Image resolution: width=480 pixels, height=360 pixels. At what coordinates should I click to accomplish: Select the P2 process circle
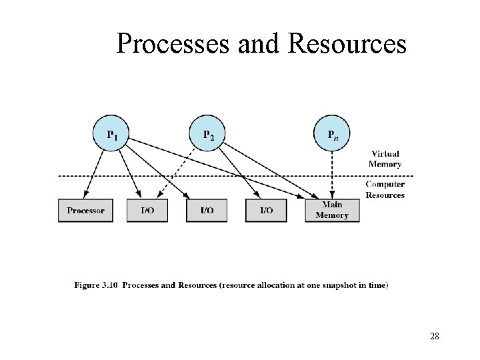(209, 134)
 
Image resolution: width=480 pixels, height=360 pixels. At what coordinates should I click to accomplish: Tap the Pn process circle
(331, 134)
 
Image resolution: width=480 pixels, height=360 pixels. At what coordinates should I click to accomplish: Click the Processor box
(85, 210)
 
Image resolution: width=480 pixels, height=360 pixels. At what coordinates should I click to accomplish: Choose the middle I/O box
(207, 210)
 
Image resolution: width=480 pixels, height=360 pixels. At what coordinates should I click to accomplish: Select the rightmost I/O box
(266, 210)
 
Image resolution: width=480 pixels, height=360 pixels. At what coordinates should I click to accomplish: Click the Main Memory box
(331, 210)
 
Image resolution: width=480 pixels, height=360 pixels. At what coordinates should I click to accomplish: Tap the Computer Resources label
(385, 190)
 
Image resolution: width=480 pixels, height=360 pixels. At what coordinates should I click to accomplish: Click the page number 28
(435, 336)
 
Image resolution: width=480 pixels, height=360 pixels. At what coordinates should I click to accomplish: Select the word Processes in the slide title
(169, 44)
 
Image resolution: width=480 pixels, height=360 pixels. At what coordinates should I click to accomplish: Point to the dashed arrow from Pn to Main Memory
(331, 173)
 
